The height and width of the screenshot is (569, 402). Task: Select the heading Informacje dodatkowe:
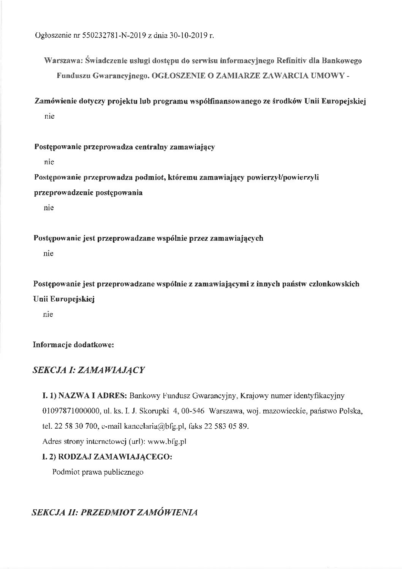click(x=74, y=345)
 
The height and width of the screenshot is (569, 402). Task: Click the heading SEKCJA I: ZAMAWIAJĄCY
click(x=89, y=370)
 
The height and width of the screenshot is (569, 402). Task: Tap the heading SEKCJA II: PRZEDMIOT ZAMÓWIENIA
click(x=115, y=512)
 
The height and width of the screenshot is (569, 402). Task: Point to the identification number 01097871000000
click(x=67, y=411)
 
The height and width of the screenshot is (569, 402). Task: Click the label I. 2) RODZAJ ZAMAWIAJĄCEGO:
click(x=107, y=457)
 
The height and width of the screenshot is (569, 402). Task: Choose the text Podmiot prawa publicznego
click(x=98, y=472)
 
